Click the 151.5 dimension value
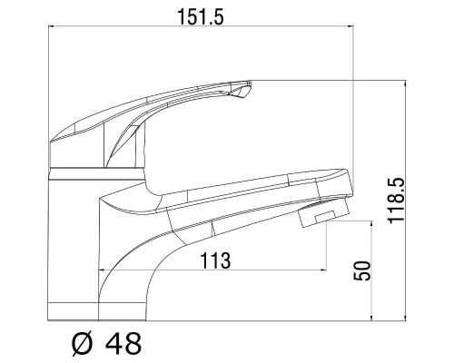200,17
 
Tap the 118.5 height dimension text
396,201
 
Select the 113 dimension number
215,260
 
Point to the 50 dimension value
362,270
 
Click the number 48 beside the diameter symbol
123,344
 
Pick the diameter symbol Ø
82,344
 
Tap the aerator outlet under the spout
322,215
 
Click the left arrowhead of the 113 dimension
102,270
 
